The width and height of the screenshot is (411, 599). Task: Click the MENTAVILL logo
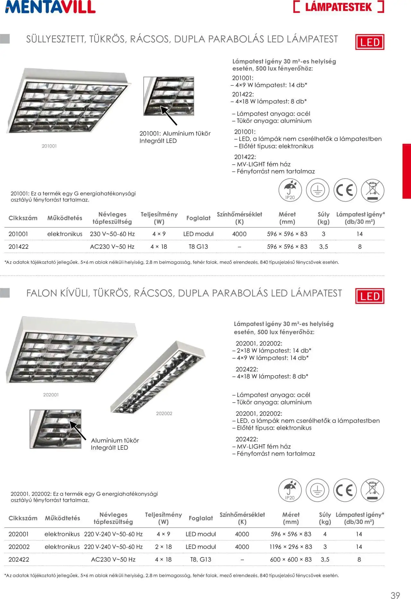50,7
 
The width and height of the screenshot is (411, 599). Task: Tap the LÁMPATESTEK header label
338,7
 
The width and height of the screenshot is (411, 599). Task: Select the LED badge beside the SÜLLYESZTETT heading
370,42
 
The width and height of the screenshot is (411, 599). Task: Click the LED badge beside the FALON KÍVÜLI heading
370,296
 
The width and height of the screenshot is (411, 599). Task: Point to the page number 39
395,593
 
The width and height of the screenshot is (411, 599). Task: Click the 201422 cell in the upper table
19,247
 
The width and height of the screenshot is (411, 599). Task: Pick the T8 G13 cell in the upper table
198,247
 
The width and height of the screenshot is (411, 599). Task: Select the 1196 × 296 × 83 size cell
291,547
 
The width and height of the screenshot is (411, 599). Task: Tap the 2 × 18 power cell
163,547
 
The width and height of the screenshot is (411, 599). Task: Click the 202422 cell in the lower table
19,560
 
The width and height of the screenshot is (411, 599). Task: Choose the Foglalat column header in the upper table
198,218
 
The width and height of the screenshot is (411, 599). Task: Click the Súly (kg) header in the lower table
325,518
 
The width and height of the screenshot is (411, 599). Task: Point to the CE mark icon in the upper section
345,190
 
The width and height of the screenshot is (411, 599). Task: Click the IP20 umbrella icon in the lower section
290,490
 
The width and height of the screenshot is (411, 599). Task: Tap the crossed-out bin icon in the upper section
372,190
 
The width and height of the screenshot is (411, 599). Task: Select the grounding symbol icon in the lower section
317,490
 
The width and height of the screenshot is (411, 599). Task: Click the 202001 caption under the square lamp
51,395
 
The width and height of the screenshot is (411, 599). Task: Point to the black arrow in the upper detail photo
169,116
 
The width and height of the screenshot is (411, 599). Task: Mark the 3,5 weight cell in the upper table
324,247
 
